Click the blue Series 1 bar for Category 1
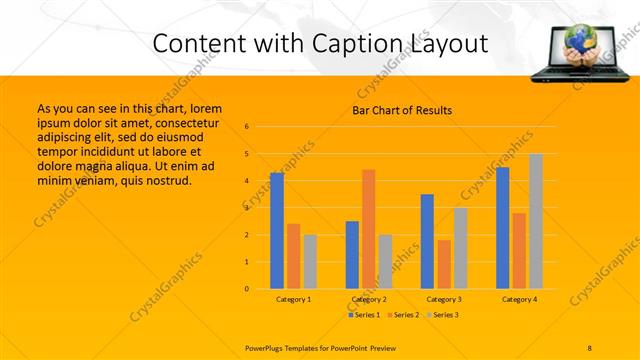coord(277,231)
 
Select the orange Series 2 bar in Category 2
coord(368,229)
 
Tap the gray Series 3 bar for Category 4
coord(536,221)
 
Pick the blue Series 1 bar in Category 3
coord(427,241)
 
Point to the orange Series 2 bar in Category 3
coord(444,264)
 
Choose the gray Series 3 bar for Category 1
coord(310,262)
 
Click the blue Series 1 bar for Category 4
coord(502,228)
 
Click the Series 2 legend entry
coord(402,315)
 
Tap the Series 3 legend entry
coord(443,315)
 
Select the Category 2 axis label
coord(369,299)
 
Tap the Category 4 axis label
coord(519,299)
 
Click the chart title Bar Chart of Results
coord(402,110)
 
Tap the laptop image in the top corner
coord(577,51)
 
